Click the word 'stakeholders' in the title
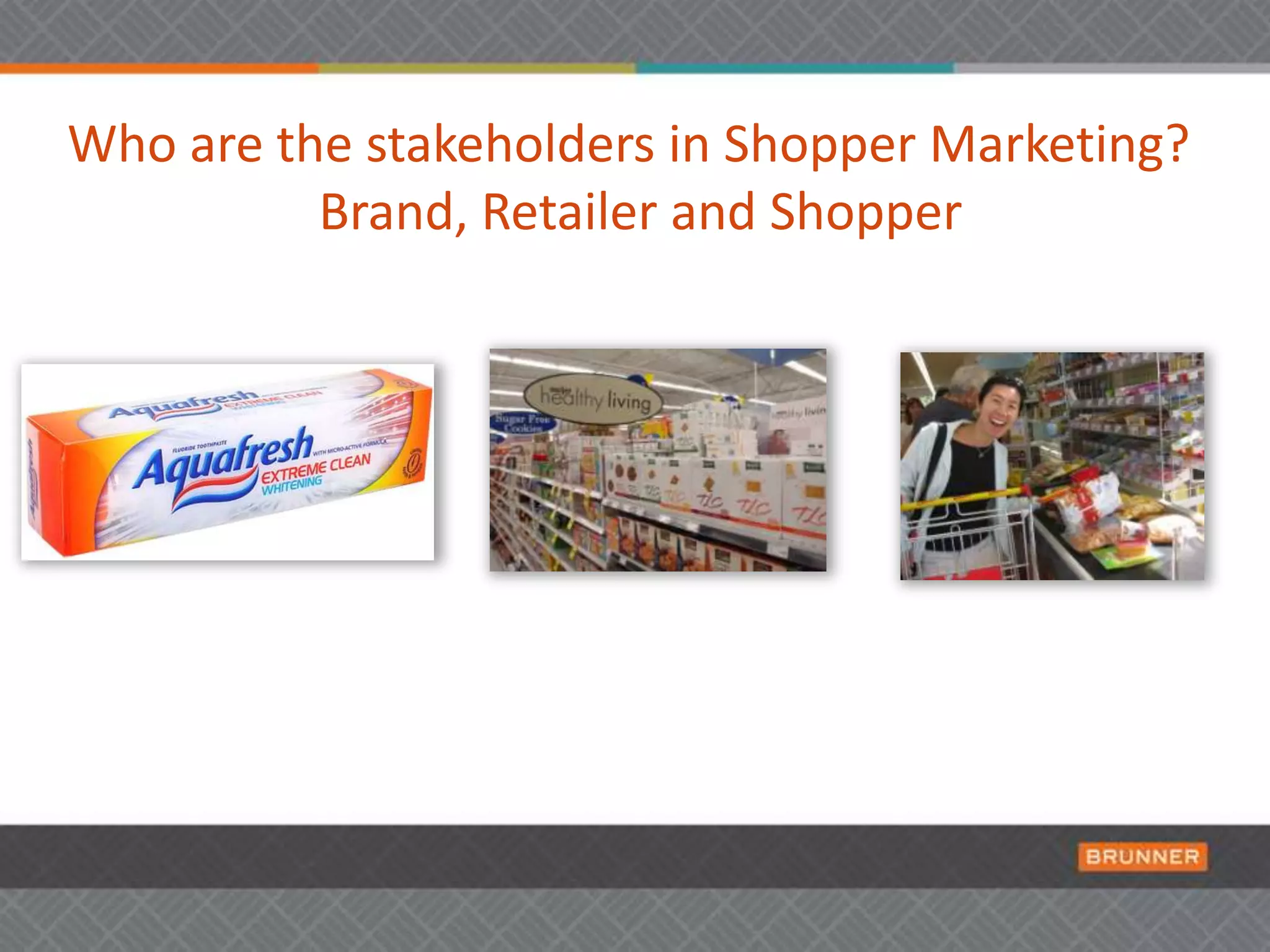pos(510,144)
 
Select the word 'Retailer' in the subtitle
pos(569,212)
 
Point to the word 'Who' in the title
pos(122,144)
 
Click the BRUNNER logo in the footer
pos(1142,857)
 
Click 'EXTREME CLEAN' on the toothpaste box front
pos(316,470)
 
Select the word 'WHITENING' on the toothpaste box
pos(291,485)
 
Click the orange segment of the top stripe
pos(159,68)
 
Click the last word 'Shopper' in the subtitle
pos(866,212)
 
